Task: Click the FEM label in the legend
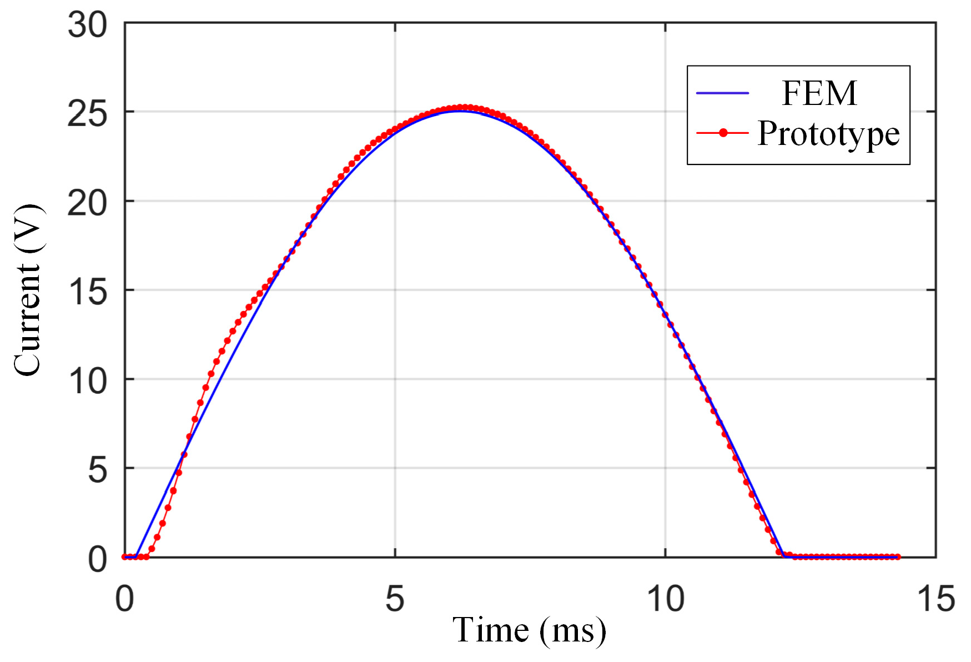819,93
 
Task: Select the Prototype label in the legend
828,134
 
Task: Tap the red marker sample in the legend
723,133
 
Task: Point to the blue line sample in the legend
722,93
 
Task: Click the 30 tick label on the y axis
87,26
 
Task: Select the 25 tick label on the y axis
87,114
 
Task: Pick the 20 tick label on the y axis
87,203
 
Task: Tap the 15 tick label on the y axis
87,292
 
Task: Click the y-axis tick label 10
87,382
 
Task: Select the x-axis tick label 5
395,599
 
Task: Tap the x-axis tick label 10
665,599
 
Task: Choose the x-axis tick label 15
935,599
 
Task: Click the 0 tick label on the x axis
125,599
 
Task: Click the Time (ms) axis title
529,630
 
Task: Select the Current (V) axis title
28,290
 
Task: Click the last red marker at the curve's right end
898,556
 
